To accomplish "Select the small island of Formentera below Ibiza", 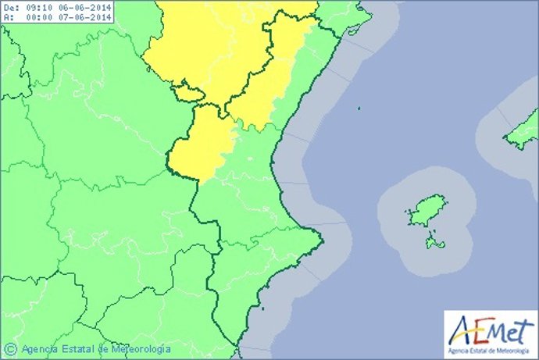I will point(435,245).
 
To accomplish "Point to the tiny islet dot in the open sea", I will point(359,110).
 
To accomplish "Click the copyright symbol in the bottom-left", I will point(10,348).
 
